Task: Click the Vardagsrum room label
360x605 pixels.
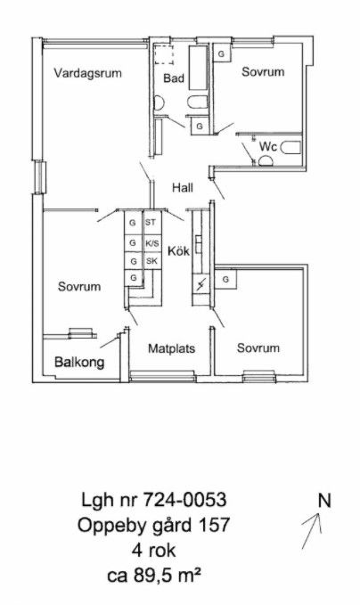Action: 87,73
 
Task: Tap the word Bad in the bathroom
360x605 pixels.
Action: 174,78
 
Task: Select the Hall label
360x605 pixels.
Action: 183,188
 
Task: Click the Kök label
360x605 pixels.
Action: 178,250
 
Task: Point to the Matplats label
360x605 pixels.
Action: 172,348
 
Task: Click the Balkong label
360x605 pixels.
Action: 79,363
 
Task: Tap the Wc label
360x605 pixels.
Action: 268,147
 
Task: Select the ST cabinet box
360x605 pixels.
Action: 151,222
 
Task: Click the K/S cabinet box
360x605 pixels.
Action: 151,243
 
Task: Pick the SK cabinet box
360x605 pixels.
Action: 151,261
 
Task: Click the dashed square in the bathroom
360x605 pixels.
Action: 164,54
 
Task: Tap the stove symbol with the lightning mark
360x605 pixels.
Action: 200,285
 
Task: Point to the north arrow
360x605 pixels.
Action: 312,530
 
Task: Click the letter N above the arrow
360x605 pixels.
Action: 324,501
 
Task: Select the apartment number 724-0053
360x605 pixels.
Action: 184,500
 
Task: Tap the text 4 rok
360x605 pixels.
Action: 153,551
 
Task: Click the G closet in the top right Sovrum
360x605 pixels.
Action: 222,54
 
